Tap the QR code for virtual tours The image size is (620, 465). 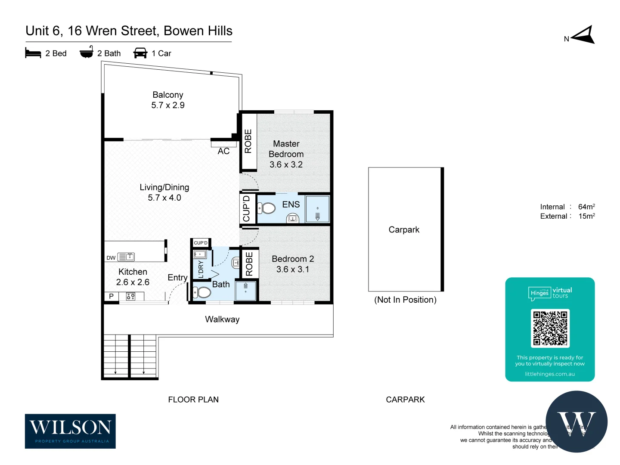tap(550, 328)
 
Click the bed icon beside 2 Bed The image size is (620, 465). tap(33, 53)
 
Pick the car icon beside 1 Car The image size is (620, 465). tap(140, 53)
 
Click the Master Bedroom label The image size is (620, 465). tap(286, 149)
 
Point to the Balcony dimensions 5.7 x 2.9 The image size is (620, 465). tap(168, 105)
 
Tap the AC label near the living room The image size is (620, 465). tap(223, 151)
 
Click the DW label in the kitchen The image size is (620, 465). tap(111, 258)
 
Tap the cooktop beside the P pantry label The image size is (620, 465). tap(130, 296)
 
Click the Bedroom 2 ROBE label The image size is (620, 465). tap(249, 263)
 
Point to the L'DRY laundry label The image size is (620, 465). tap(201, 269)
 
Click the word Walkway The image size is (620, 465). tap(222, 319)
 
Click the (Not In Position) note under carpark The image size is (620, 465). tap(405, 300)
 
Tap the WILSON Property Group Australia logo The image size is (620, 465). tap(70, 431)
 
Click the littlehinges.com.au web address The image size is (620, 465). tap(550, 374)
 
